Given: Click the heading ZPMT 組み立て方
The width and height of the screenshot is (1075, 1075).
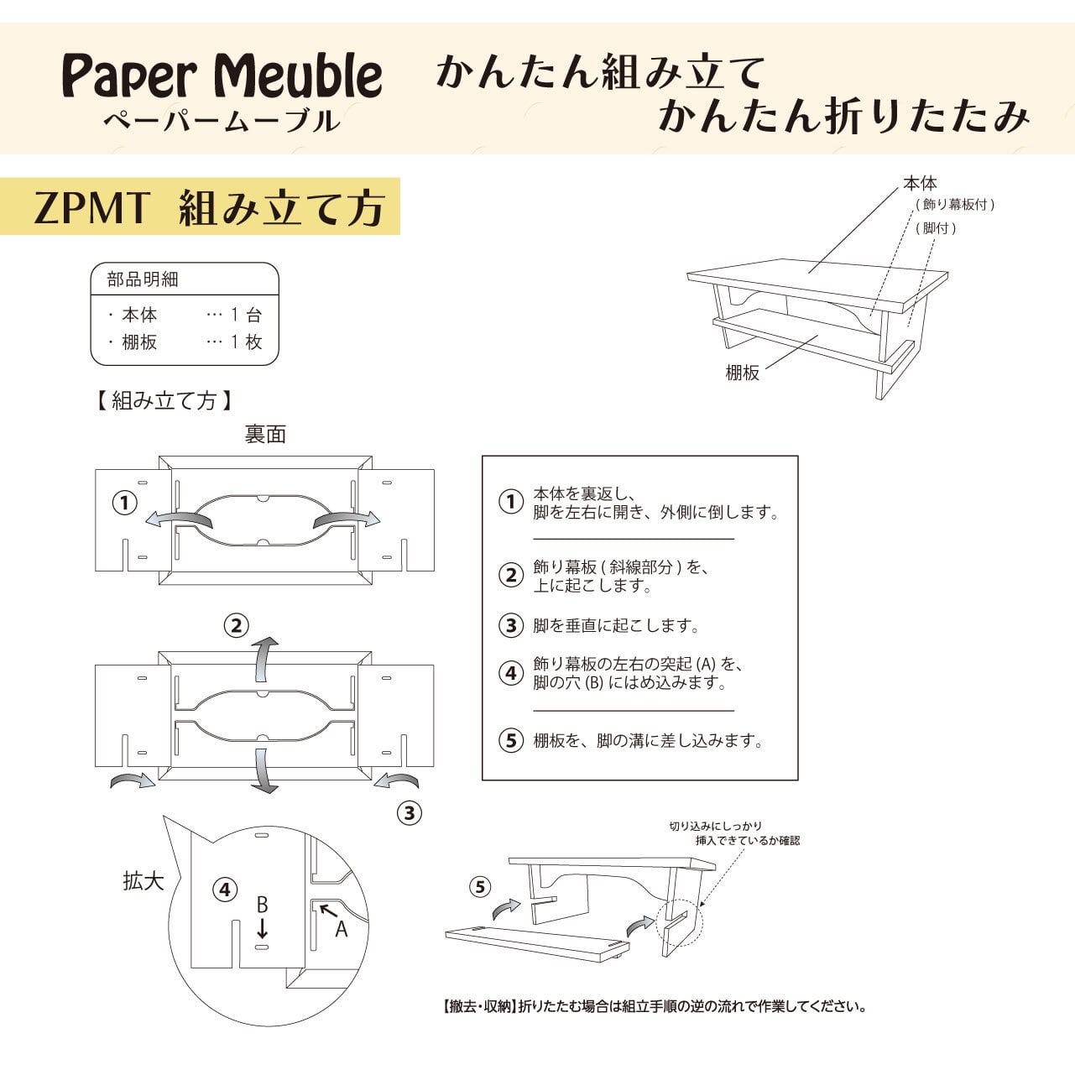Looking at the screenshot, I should click(x=208, y=207).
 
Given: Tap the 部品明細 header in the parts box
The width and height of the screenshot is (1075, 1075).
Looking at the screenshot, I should click(x=143, y=279).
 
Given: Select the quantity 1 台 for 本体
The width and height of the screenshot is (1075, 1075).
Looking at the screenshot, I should click(x=246, y=315).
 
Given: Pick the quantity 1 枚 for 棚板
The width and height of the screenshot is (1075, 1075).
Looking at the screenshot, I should click(x=246, y=342).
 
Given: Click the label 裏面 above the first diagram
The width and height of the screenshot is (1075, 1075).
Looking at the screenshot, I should click(x=265, y=434).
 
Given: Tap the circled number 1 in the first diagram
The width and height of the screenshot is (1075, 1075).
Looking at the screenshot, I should click(x=125, y=503).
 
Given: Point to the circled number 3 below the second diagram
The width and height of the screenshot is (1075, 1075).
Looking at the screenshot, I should click(x=409, y=812).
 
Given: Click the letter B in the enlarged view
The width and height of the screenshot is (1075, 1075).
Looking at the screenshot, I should click(x=262, y=905).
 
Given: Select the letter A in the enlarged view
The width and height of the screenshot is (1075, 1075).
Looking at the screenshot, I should click(x=341, y=929).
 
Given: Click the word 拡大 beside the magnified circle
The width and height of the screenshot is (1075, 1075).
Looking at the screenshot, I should click(x=143, y=881).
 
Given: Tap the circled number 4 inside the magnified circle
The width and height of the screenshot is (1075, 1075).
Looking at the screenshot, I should click(x=224, y=890).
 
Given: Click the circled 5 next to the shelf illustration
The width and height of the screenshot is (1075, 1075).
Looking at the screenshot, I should click(x=479, y=886).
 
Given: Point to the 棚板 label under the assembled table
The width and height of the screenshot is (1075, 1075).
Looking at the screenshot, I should click(x=742, y=373).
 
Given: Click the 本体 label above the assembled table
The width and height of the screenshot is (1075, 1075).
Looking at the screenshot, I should click(x=920, y=183).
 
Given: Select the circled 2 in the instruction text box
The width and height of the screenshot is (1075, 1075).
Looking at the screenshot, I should click(x=510, y=576).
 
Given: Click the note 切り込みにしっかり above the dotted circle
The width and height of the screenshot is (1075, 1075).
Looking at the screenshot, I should click(x=715, y=826).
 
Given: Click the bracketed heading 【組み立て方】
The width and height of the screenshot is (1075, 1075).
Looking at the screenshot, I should click(x=164, y=400).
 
